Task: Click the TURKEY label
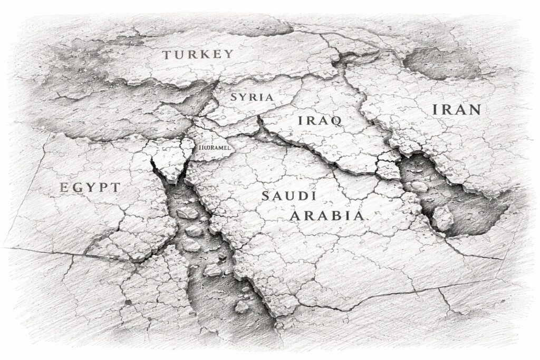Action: pos(198,54)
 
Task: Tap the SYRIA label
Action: pos(252,98)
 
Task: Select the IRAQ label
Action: pos(320,120)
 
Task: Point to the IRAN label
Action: pos(456,110)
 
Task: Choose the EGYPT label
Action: pos(90,187)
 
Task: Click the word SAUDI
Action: pos(288,196)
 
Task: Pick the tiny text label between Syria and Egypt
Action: pos(213,148)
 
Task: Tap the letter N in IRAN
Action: pos(474,110)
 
